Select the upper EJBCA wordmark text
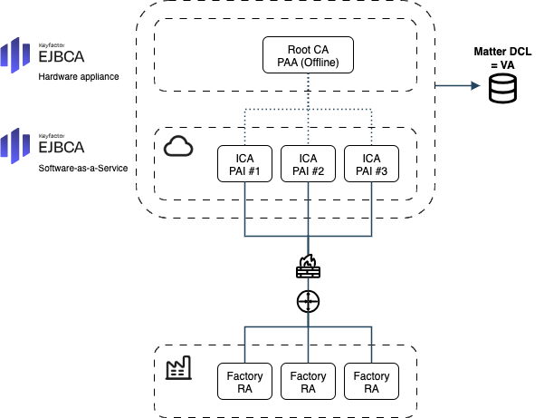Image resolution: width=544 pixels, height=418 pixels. (x=62, y=59)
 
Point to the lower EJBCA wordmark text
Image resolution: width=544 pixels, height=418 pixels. (x=62, y=148)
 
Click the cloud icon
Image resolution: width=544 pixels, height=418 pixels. (x=178, y=146)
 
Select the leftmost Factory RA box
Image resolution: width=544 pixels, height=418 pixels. (x=244, y=381)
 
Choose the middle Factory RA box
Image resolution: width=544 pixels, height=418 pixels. (x=308, y=381)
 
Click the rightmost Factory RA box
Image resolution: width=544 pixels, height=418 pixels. (x=371, y=381)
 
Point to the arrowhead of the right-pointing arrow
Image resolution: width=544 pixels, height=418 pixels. (x=476, y=86)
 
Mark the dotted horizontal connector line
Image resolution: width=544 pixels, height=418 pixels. (x=276, y=110)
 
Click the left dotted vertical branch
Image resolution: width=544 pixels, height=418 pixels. (x=245, y=128)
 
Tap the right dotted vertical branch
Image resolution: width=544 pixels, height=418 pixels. (x=372, y=128)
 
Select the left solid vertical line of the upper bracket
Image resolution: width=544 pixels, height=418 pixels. (x=245, y=209)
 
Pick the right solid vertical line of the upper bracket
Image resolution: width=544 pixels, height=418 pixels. (x=372, y=209)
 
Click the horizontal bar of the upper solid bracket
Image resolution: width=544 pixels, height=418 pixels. (x=276, y=236)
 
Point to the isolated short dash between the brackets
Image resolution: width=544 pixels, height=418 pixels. (x=309, y=284)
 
